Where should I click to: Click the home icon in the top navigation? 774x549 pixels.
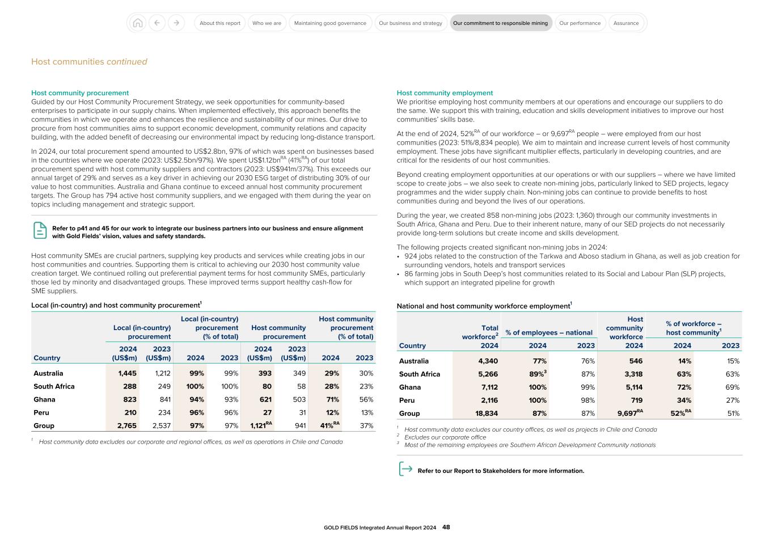(x=137, y=23)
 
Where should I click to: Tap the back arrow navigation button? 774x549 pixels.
(x=157, y=23)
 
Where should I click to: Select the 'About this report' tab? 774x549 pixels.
(x=220, y=23)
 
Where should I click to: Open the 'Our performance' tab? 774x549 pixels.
(x=580, y=23)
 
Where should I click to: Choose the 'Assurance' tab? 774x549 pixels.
(x=626, y=23)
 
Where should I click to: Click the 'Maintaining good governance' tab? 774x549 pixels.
(x=330, y=23)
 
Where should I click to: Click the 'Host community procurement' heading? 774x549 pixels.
(x=80, y=93)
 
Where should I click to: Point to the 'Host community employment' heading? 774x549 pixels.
(x=445, y=93)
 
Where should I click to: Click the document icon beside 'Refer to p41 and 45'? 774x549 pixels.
(x=40, y=230)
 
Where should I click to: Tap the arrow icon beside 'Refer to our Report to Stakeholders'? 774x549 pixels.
(x=405, y=469)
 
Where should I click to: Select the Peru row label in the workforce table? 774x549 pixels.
(x=407, y=400)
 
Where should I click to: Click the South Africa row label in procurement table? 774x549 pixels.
(x=54, y=386)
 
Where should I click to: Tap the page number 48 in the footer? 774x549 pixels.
(x=446, y=527)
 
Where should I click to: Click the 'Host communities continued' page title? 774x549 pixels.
(x=89, y=62)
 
